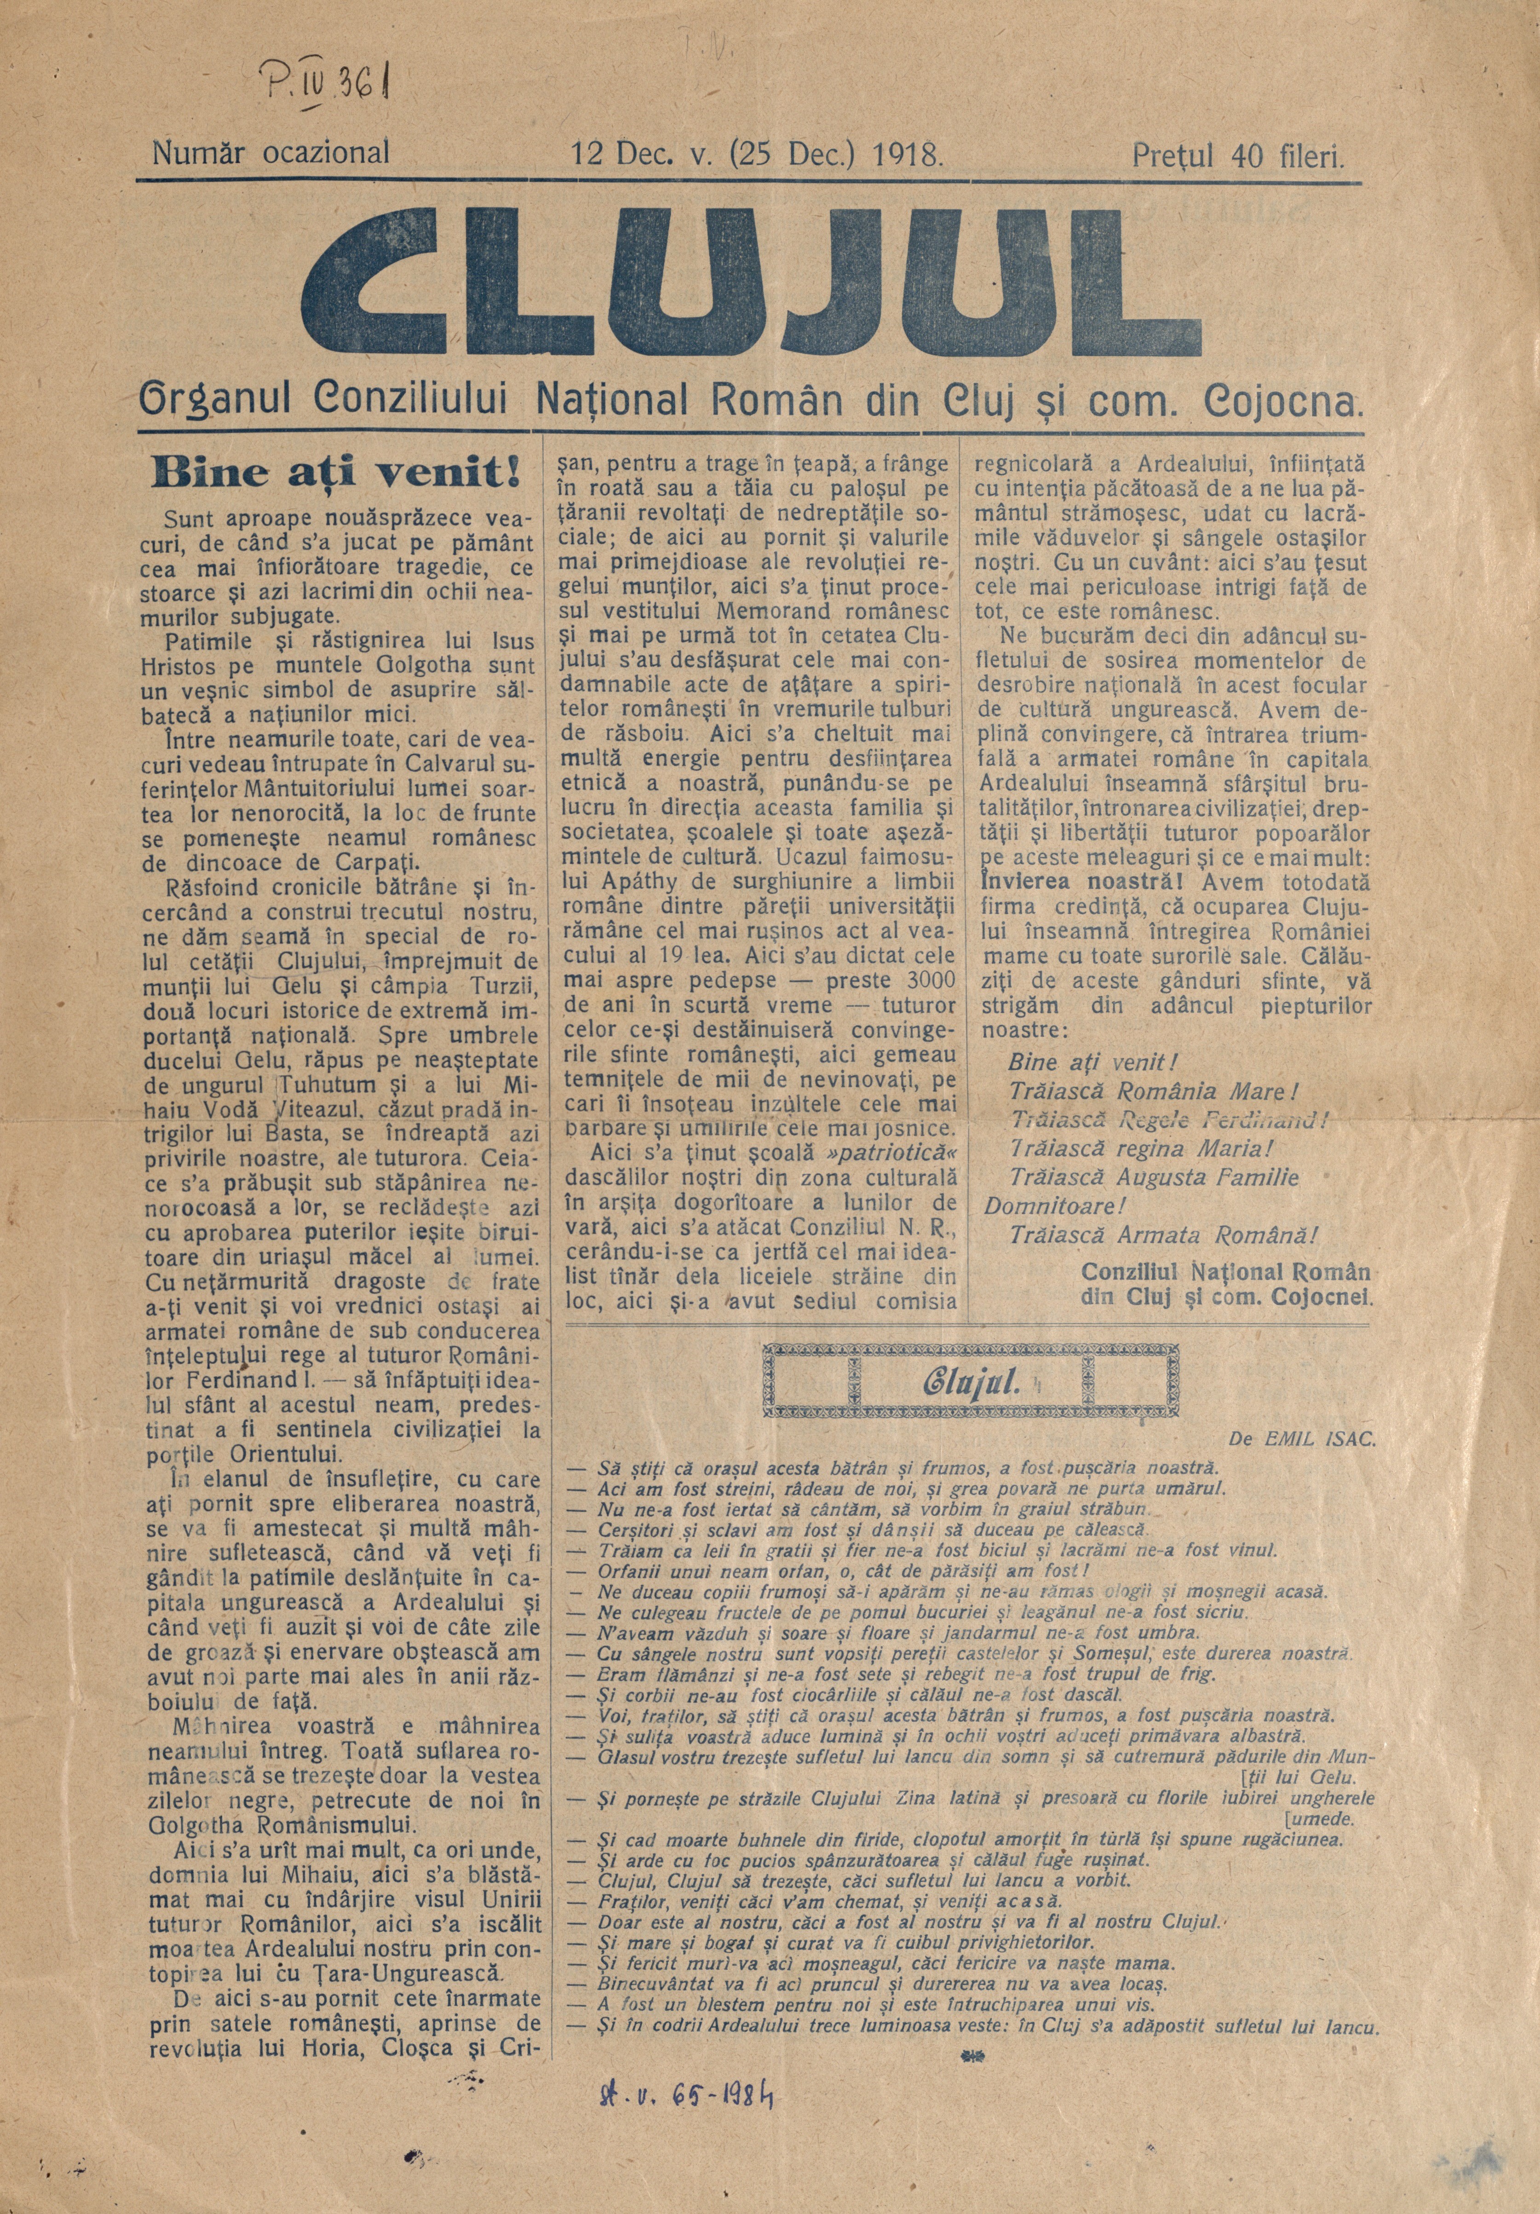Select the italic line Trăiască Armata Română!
pos(1162,1235)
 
